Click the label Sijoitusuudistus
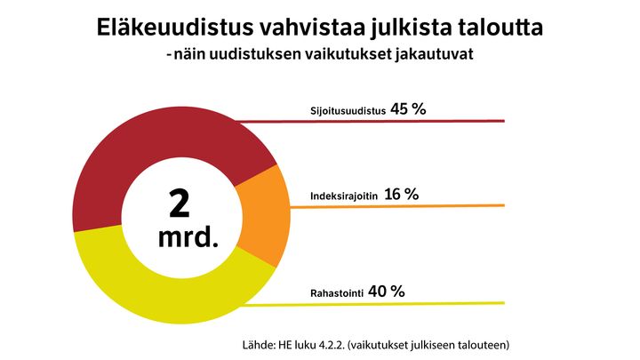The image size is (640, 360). pos(347,112)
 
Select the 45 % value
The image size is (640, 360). pos(409,109)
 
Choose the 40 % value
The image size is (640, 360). pos(386,291)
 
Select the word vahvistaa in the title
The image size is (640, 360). pos(296,28)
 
